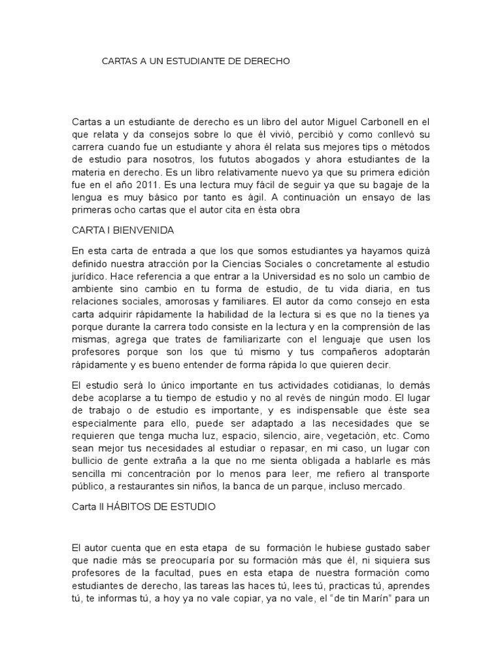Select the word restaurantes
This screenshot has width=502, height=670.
[144, 486]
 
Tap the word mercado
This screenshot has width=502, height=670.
[384, 486]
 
